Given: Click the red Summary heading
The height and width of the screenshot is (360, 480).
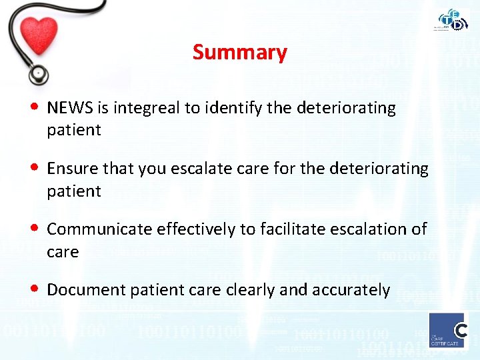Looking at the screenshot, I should click(239, 52).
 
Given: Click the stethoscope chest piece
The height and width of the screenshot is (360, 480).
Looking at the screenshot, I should click(38, 72).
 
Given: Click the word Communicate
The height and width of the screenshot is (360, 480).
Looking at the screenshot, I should click(99, 229).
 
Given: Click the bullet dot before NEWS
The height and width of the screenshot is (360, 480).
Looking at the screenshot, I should click(35, 107).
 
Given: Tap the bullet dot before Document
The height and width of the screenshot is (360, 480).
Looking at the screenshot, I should click(35, 289).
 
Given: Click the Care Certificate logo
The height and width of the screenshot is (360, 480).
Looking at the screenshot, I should click(447, 329).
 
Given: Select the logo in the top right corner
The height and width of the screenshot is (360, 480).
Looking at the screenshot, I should click(453, 20).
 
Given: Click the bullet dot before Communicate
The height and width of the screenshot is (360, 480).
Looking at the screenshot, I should click(35, 229).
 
